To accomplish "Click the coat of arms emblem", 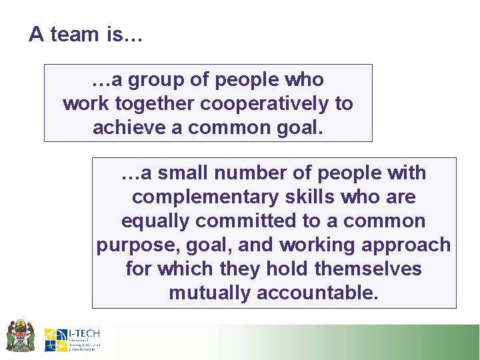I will coord(20,335).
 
